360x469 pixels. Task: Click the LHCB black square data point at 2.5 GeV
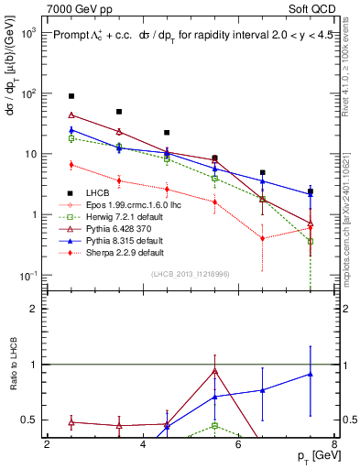pyautogui.click(x=71, y=96)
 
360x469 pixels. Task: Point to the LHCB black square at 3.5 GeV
pyautogui.click(x=119, y=112)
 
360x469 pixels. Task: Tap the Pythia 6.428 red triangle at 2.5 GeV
pyautogui.click(x=71, y=115)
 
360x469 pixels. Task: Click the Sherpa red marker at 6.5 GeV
pyautogui.click(x=263, y=238)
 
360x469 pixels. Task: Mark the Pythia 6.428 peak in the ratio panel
pyautogui.click(x=214, y=371)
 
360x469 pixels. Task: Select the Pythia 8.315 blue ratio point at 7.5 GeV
pyautogui.click(x=311, y=374)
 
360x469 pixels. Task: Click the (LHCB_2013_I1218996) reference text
pyautogui.click(x=196, y=274)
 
